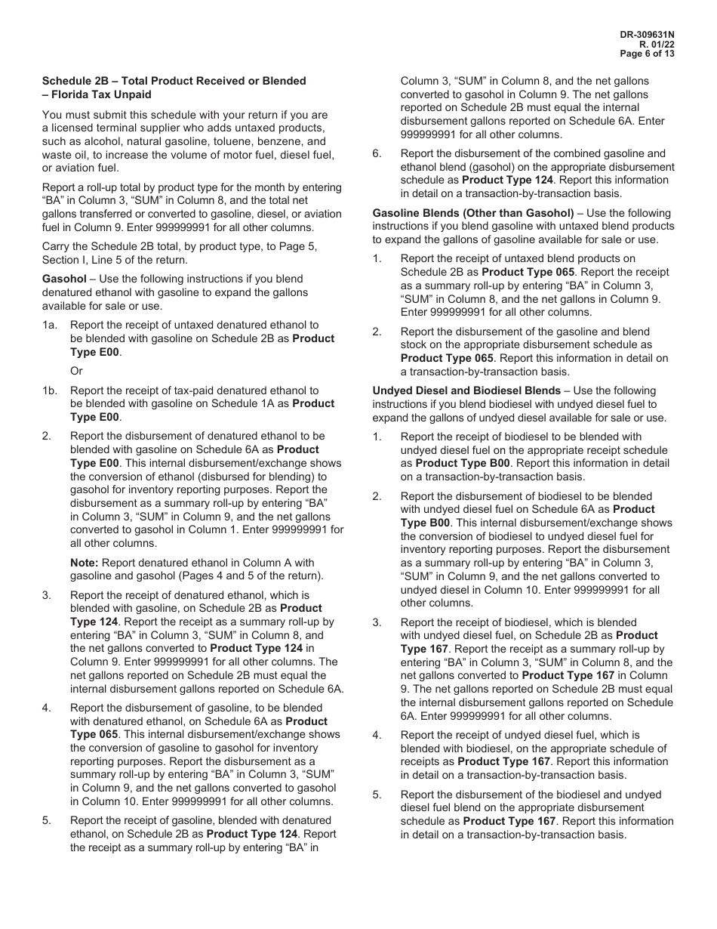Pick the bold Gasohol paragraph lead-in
point(64,279)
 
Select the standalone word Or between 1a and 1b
point(76,371)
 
